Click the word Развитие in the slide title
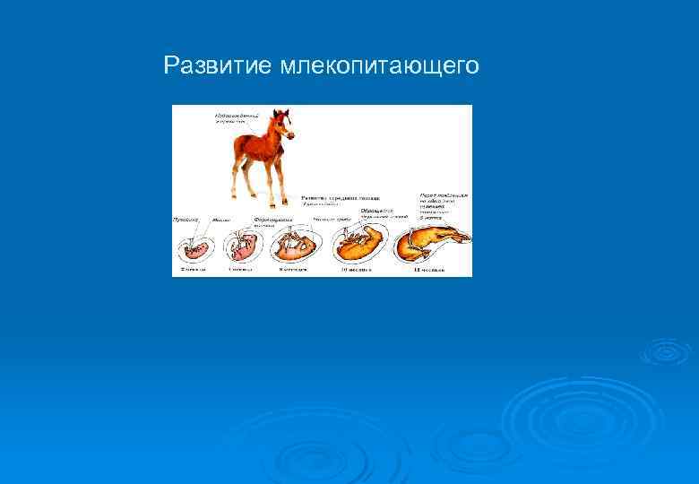coord(219,65)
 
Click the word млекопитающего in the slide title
coord(380,67)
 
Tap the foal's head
coord(282,120)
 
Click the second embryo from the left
coord(243,246)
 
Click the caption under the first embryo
coord(193,268)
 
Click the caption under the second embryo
coord(241,268)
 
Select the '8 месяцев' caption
coord(292,268)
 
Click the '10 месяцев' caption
coord(357,268)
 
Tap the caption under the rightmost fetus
coord(430,268)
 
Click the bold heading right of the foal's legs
coord(340,197)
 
